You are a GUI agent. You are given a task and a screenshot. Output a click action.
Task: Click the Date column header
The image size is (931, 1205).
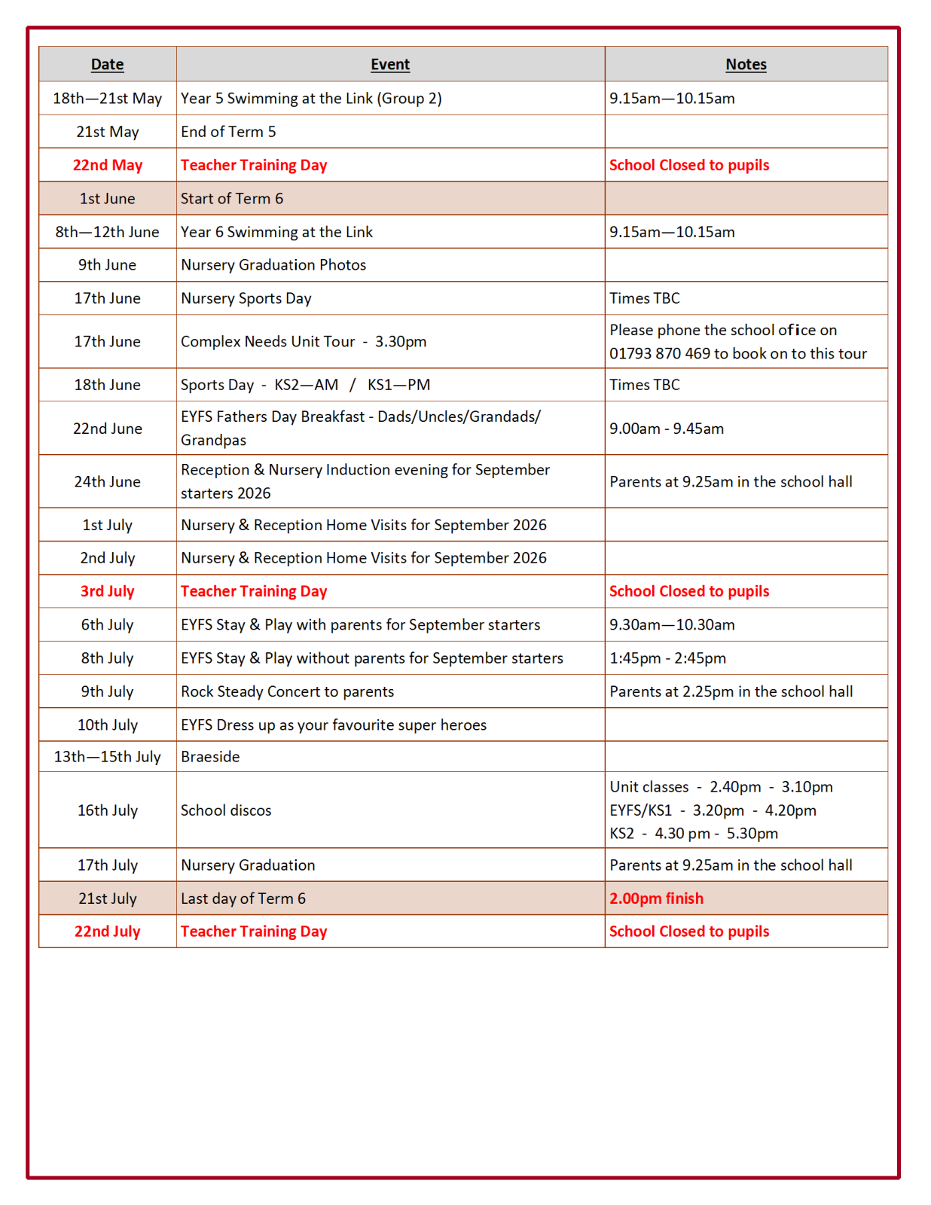[107, 65]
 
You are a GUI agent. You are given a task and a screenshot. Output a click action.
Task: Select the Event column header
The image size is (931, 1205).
[389, 65]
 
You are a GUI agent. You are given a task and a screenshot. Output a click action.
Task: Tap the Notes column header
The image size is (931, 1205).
[745, 65]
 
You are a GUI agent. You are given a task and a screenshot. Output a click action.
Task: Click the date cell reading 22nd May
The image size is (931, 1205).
[107, 166]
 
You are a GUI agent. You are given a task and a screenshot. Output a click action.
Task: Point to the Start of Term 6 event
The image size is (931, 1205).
[232, 199]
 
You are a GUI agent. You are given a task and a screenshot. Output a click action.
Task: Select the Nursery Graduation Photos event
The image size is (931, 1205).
[273, 265]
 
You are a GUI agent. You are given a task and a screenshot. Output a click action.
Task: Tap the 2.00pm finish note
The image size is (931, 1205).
[656, 898]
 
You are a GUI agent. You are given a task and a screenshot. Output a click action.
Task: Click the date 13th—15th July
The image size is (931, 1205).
[107, 757]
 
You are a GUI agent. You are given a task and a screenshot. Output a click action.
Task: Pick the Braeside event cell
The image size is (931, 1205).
[210, 757]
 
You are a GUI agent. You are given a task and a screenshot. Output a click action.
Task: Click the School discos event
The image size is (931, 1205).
[226, 810]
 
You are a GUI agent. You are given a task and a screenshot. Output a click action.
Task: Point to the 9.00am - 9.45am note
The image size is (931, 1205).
[667, 429]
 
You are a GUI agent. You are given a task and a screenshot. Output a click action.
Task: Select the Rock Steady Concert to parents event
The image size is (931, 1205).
[287, 691]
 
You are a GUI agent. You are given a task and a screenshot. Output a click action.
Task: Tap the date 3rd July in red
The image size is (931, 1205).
[107, 592]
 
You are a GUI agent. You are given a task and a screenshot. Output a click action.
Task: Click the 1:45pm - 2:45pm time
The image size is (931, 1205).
[667, 658]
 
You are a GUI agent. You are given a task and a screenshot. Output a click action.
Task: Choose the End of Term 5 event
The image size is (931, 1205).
[228, 132]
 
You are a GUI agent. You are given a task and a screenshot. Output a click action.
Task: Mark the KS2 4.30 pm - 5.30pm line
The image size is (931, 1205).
[694, 834]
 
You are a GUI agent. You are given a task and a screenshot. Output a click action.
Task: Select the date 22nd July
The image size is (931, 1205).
[107, 932]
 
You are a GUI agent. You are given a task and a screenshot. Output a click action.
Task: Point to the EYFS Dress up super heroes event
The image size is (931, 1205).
[334, 725]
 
